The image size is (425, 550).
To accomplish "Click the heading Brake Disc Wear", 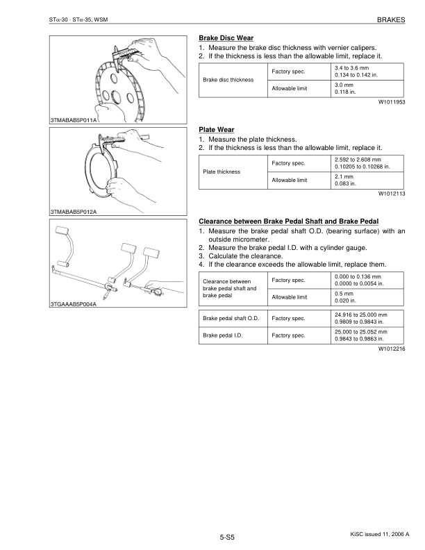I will point(226,37).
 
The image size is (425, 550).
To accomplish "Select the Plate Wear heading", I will point(216,130).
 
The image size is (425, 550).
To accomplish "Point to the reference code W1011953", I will point(391,102).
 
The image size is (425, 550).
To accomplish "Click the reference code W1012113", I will point(391,194).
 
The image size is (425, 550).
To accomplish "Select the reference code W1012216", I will point(391,349).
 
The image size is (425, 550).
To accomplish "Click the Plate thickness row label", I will point(222,172).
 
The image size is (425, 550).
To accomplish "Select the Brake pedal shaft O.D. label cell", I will point(231,319).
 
